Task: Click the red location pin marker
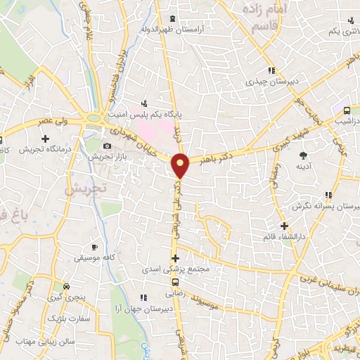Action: point(181,165)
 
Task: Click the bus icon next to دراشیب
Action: point(347,110)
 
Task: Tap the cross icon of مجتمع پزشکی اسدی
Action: point(174,258)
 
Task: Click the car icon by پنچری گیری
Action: point(66,287)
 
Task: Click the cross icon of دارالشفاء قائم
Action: point(284,226)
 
